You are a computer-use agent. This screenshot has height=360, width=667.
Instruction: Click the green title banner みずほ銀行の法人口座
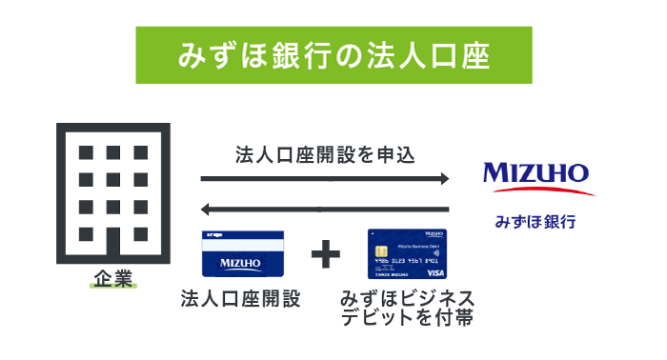click(333, 55)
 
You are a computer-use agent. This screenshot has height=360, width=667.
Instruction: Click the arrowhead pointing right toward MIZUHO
click(441, 178)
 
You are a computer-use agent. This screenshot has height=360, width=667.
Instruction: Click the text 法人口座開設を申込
click(324, 153)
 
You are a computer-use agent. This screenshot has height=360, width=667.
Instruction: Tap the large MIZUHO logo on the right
click(536, 173)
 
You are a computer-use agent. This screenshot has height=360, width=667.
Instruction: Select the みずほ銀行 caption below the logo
click(535, 221)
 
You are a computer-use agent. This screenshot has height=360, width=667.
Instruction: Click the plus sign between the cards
click(326, 254)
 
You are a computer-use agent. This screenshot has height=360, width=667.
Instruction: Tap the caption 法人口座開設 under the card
click(241, 299)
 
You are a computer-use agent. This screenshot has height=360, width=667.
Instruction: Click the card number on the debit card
click(405, 260)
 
